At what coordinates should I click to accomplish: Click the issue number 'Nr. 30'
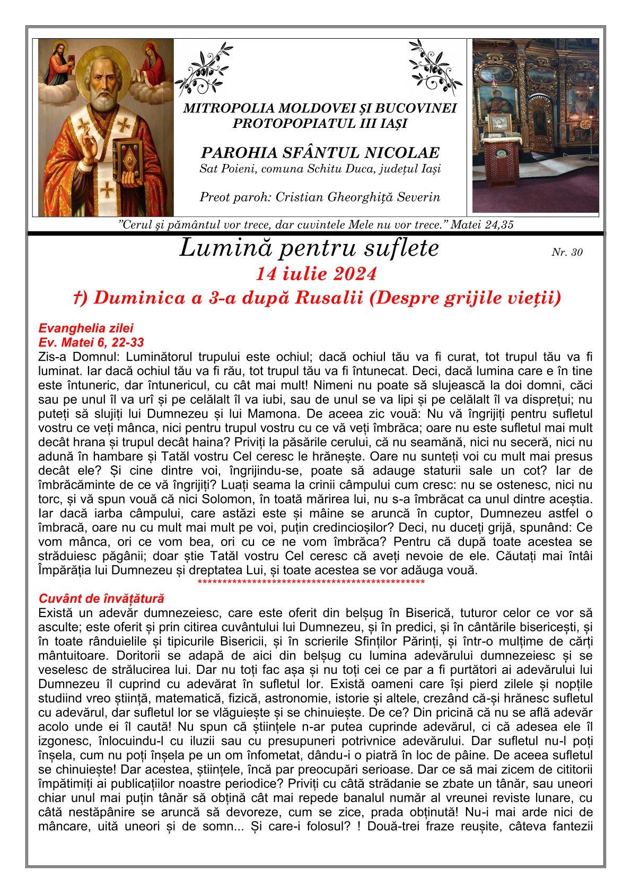[x=567, y=253]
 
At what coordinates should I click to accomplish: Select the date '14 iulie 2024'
[x=316, y=274]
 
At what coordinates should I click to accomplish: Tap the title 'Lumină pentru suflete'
[x=309, y=248]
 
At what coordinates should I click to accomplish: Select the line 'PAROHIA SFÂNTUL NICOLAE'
[x=320, y=153]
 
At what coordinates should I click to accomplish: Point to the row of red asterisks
[x=310, y=584]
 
